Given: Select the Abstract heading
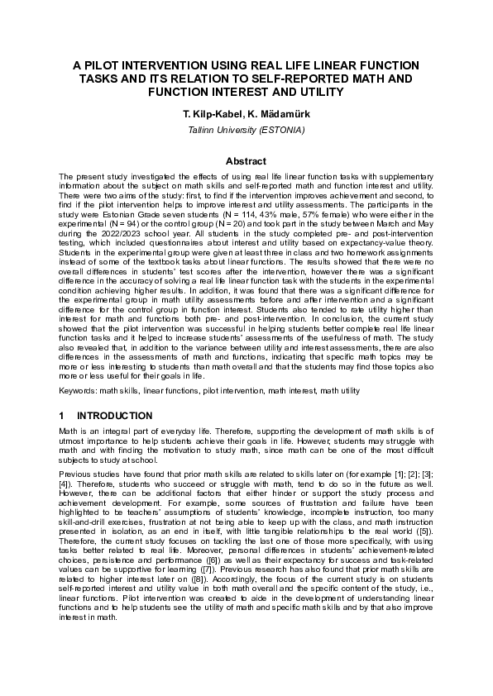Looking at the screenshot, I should [x=246, y=161].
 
